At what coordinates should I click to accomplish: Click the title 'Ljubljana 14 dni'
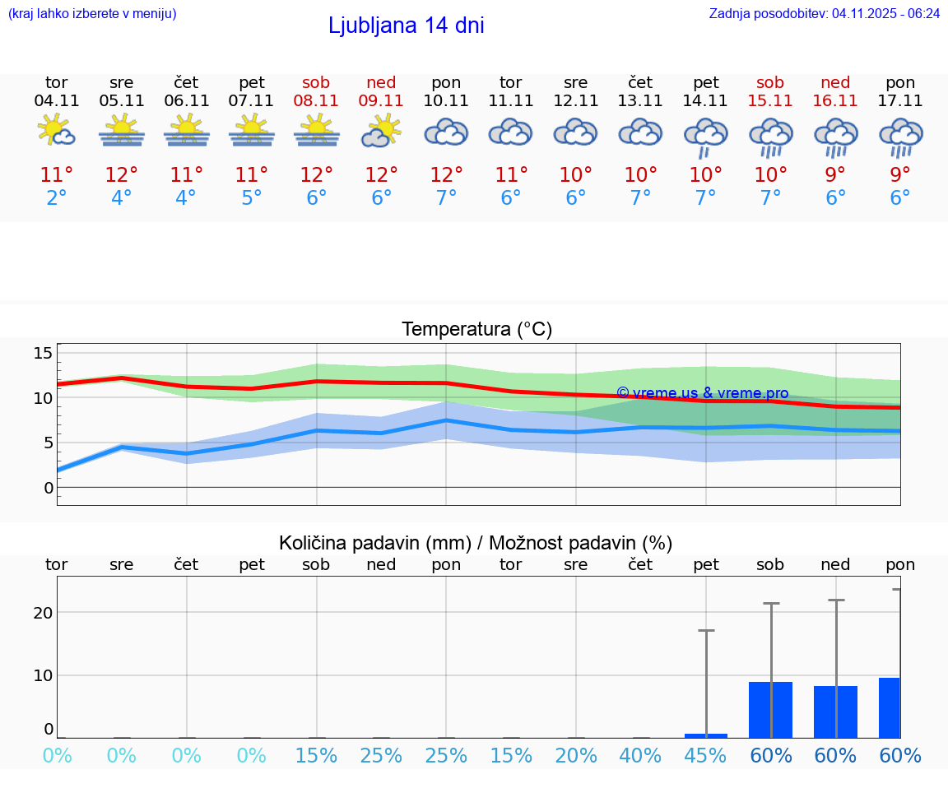coord(406,25)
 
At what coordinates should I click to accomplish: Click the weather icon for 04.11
coord(57,131)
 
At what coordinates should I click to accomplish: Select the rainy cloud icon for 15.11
coord(770,137)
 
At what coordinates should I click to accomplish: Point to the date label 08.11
coord(316,101)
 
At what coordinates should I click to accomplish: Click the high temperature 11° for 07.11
coord(251,175)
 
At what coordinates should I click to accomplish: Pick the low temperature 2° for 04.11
coord(57,198)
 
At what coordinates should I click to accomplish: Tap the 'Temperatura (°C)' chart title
coord(476,329)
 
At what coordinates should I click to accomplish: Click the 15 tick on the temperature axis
coord(43,353)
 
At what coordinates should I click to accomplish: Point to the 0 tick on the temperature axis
coord(49,487)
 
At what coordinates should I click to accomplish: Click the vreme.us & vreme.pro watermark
coord(702,393)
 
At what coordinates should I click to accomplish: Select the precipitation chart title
coord(476,543)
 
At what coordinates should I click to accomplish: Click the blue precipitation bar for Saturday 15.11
coord(770,709)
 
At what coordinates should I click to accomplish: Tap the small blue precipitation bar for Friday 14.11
coord(706,735)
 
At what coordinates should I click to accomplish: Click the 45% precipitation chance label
coord(705,756)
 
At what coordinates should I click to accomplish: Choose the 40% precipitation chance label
coord(640,756)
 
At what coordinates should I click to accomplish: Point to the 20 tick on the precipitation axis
coord(43,613)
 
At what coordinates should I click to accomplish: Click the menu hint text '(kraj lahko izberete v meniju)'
coord(92,13)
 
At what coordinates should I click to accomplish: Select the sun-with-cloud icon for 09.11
coord(381,131)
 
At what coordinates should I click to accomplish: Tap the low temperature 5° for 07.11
coord(251,198)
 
